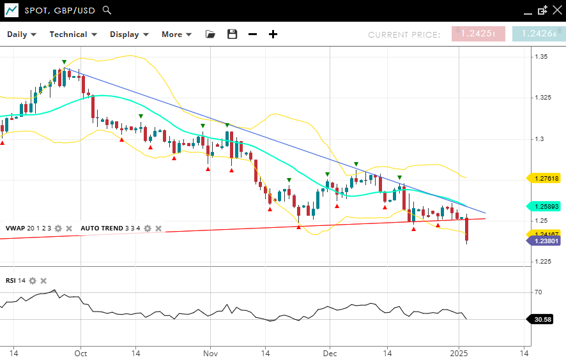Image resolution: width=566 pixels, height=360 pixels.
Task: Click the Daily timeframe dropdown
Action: [22, 34]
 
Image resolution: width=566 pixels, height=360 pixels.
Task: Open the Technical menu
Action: [73, 34]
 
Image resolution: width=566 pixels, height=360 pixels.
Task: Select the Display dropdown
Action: [129, 34]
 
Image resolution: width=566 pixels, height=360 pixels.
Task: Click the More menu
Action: [176, 34]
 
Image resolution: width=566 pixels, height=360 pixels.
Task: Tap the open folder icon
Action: [210, 34]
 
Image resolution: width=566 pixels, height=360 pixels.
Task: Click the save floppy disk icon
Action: [232, 34]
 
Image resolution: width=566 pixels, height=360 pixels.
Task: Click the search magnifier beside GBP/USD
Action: [107, 10]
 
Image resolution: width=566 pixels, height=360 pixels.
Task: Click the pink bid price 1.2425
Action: [478, 34]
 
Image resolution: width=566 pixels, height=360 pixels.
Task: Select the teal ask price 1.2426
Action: [539, 34]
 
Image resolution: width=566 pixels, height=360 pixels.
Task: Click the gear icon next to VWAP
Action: [58, 228]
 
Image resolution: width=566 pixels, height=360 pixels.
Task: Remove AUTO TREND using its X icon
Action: [158, 228]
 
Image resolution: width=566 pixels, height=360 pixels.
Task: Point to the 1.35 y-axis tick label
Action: [541, 57]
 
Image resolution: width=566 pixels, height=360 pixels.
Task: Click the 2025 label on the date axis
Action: [459, 352]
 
